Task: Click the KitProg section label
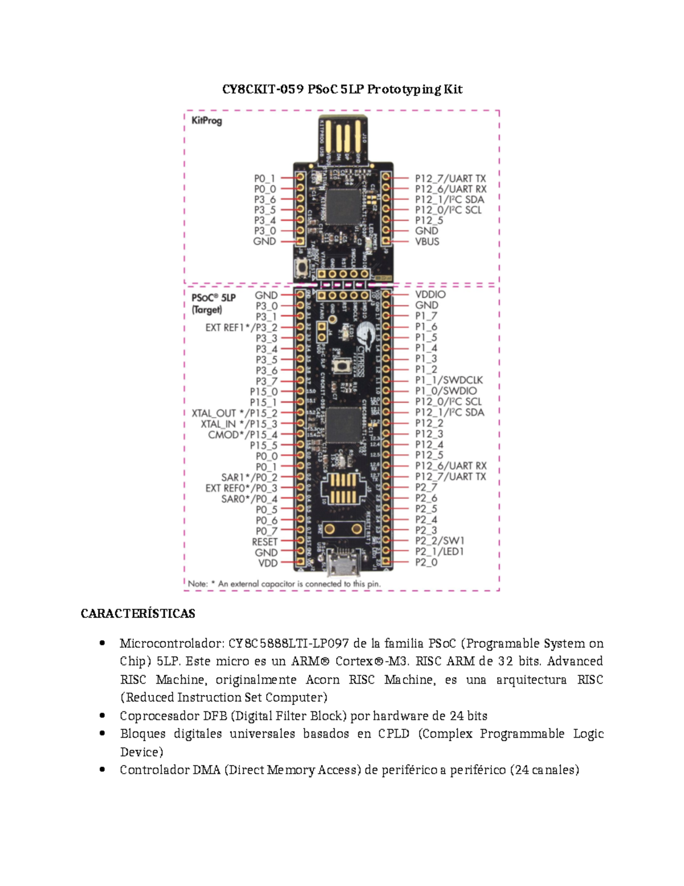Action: [x=206, y=120]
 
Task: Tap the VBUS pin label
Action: [x=427, y=241]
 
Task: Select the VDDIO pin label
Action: [x=430, y=294]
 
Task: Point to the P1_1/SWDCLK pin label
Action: [x=449, y=380]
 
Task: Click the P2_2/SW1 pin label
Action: [x=439, y=541]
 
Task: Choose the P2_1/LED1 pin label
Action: [x=439, y=552]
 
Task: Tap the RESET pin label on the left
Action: [x=264, y=542]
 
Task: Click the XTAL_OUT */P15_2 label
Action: [x=234, y=413]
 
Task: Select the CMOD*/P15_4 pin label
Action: [x=242, y=435]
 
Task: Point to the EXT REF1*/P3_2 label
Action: [x=241, y=327]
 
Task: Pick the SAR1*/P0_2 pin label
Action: [x=249, y=478]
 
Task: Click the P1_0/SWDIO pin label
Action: [x=445, y=391]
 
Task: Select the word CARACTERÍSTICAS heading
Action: [x=138, y=614]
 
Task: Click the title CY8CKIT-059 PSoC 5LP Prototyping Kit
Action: [x=342, y=89]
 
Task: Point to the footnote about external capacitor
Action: [x=284, y=584]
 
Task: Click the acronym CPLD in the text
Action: [x=393, y=734]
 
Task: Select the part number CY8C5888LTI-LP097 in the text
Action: [x=288, y=644]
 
